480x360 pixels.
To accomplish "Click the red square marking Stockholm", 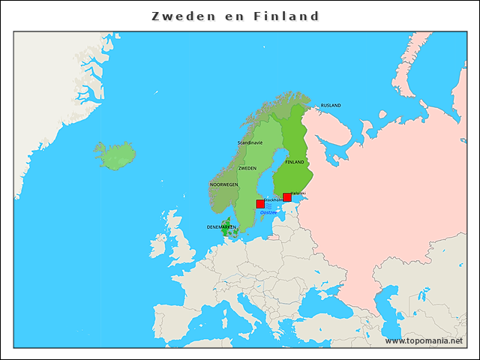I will tap(260, 204).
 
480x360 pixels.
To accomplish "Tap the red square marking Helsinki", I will tap(287, 196).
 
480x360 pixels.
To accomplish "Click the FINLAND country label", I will tap(294, 162).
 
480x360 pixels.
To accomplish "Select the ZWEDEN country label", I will tap(247, 169).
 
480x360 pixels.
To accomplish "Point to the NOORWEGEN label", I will tap(223, 184).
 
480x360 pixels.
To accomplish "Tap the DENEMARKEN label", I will tap(221, 226).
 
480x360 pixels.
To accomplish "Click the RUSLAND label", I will tap(331, 106).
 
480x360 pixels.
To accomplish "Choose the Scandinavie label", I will tap(250, 142).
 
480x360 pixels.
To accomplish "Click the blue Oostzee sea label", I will tap(268, 212).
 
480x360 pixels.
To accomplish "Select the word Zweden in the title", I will tap(179, 16).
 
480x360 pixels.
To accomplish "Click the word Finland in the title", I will tap(286, 16).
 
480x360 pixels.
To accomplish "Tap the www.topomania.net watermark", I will tap(424, 340).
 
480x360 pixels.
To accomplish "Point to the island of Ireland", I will tap(158, 246).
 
